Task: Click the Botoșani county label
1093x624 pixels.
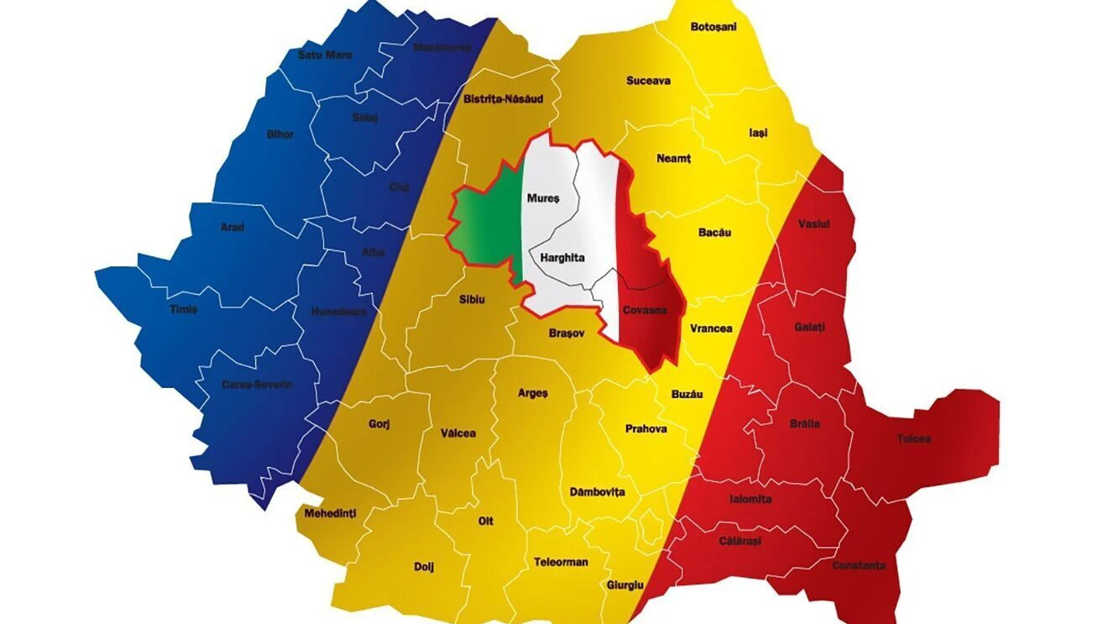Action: pos(713,27)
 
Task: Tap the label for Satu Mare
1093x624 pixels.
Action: pos(325,55)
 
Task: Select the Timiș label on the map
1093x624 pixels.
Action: pos(183,309)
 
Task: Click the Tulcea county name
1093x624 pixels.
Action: pos(913,438)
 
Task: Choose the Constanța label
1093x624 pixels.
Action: pos(859,565)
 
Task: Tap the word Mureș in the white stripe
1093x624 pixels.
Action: pos(542,199)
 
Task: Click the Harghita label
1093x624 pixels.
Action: pos(562,259)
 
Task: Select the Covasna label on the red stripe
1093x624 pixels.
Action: pos(645,310)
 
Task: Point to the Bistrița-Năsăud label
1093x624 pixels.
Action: pos(503,99)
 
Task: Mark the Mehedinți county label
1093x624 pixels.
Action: pos(330,511)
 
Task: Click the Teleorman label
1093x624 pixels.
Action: pos(561,562)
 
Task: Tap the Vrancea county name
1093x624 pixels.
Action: pos(711,328)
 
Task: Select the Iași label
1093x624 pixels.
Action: pos(758,133)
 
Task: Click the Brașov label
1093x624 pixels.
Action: pos(566,333)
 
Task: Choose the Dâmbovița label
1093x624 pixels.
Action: pos(597,492)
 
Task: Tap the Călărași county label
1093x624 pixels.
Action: pos(740,541)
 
